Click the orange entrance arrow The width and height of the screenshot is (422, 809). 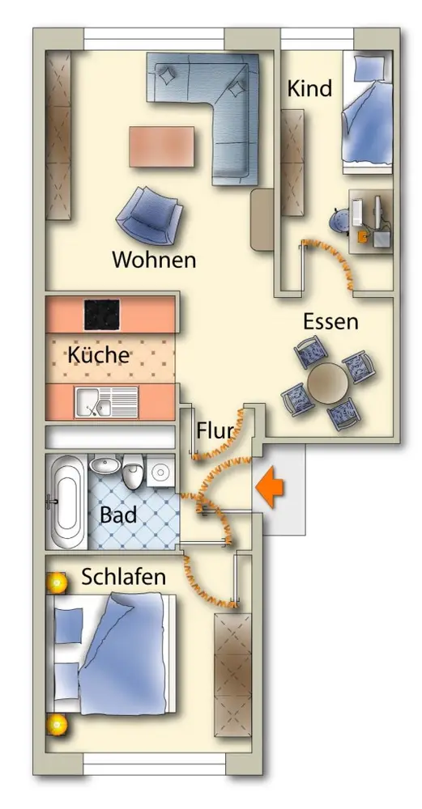[270, 487]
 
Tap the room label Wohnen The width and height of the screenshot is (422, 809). [155, 260]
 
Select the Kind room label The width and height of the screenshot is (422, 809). [309, 89]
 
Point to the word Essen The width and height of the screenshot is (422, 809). [330, 321]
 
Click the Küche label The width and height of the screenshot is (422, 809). [99, 354]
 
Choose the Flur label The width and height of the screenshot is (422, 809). [214, 430]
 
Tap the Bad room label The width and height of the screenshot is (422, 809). [119, 515]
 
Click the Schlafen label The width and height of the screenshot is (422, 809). [124, 578]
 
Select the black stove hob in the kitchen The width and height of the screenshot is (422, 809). [102, 314]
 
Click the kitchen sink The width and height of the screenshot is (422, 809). [106, 402]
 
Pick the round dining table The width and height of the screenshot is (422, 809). [327, 383]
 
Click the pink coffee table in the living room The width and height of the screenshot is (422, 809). [162, 146]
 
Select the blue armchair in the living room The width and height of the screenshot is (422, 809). [149, 215]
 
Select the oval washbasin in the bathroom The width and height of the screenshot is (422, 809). [106, 466]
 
